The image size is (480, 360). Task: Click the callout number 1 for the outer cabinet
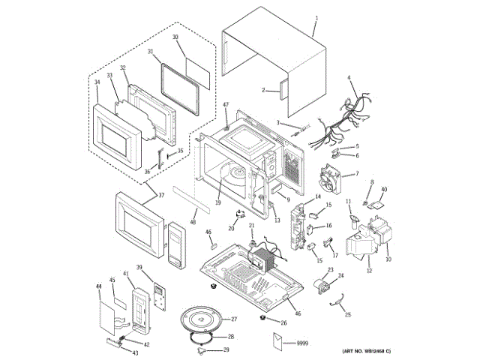(316, 17)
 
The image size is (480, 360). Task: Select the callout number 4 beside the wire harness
(349, 77)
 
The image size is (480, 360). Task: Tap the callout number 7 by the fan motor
(356, 174)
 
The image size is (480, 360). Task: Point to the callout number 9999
(302, 342)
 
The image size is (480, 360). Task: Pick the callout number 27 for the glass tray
(233, 319)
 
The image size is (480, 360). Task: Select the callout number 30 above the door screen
(175, 37)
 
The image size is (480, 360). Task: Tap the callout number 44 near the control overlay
(98, 286)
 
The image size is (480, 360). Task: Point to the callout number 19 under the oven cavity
(217, 202)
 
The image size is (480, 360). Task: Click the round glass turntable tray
(202, 318)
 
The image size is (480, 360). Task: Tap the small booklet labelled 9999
(279, 342)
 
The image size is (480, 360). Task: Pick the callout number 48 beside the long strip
(193, 222)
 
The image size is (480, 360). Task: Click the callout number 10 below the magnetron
(388, 259)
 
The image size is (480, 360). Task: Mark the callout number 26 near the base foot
(283, 322)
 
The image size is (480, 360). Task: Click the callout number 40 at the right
(384, 190)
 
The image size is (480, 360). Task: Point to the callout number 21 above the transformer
(252, 226)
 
